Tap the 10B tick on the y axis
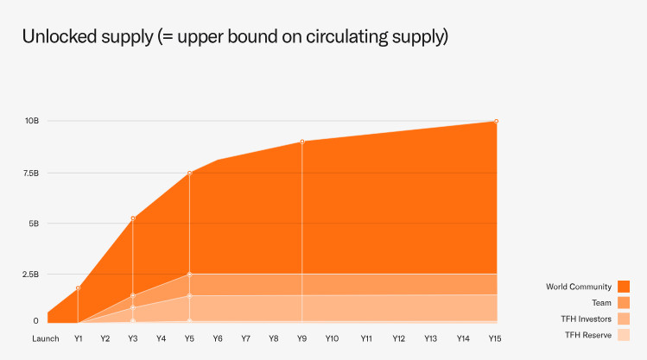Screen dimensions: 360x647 31,121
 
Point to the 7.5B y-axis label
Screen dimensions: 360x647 30,173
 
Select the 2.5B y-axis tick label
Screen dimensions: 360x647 30,275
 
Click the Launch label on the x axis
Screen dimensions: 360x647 46,338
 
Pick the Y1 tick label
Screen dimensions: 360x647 78,338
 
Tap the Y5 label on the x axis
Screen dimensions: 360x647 189,338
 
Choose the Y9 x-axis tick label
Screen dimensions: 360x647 302,338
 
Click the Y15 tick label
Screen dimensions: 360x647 496,338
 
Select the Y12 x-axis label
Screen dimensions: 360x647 398,338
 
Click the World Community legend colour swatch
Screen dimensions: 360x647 624,287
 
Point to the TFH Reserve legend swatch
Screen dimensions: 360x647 624,335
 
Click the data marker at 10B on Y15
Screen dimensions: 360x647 496,121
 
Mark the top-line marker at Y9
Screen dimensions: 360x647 302,142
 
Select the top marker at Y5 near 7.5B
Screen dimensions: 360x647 189,173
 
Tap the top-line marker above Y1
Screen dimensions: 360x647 78,287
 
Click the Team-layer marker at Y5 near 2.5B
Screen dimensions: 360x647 189,275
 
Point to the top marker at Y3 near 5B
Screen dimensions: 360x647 133,218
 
